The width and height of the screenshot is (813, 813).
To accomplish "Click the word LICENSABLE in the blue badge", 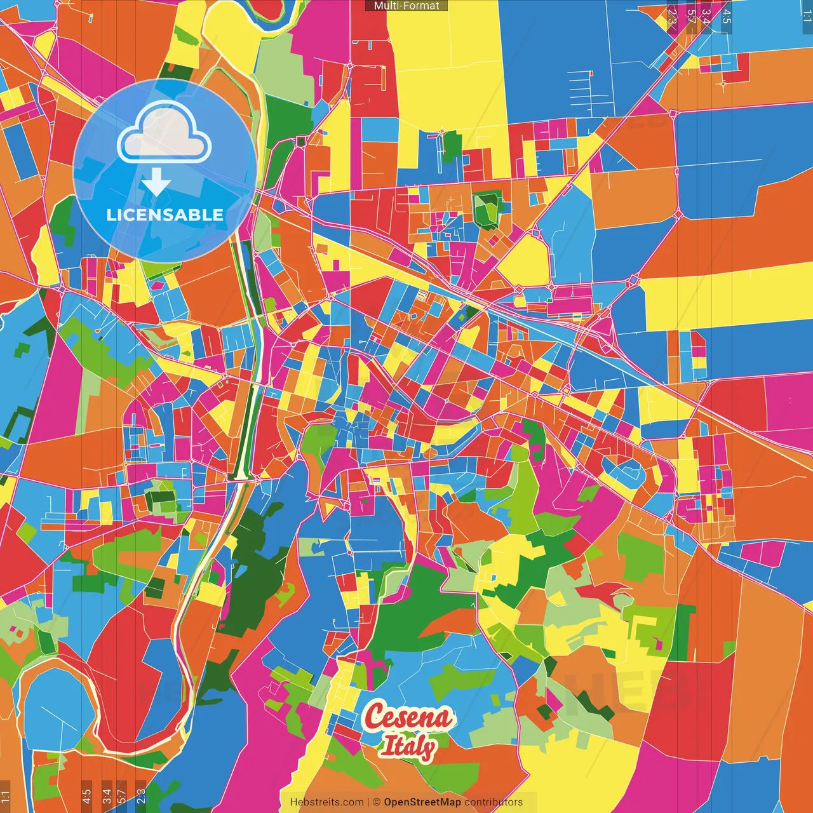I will tap(165, 215).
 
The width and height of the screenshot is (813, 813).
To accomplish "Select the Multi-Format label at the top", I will tap(406, 6).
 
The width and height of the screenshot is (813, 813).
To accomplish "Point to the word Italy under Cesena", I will tap(408, 746).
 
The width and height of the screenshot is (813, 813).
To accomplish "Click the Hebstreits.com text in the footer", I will tap(326, 802).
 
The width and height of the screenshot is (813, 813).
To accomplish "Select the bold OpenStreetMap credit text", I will tap(422, 802).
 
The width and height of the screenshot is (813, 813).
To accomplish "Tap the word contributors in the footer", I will tap(494, 802).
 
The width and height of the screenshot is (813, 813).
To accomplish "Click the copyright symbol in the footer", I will tap(376, 802).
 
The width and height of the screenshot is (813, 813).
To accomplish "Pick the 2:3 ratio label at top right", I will tap(672, 16).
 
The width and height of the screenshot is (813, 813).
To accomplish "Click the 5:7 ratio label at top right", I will tap(690, 16).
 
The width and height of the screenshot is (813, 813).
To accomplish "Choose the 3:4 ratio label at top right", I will tap(706, 16).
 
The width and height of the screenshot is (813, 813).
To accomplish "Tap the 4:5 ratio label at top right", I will tap(726, 16).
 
